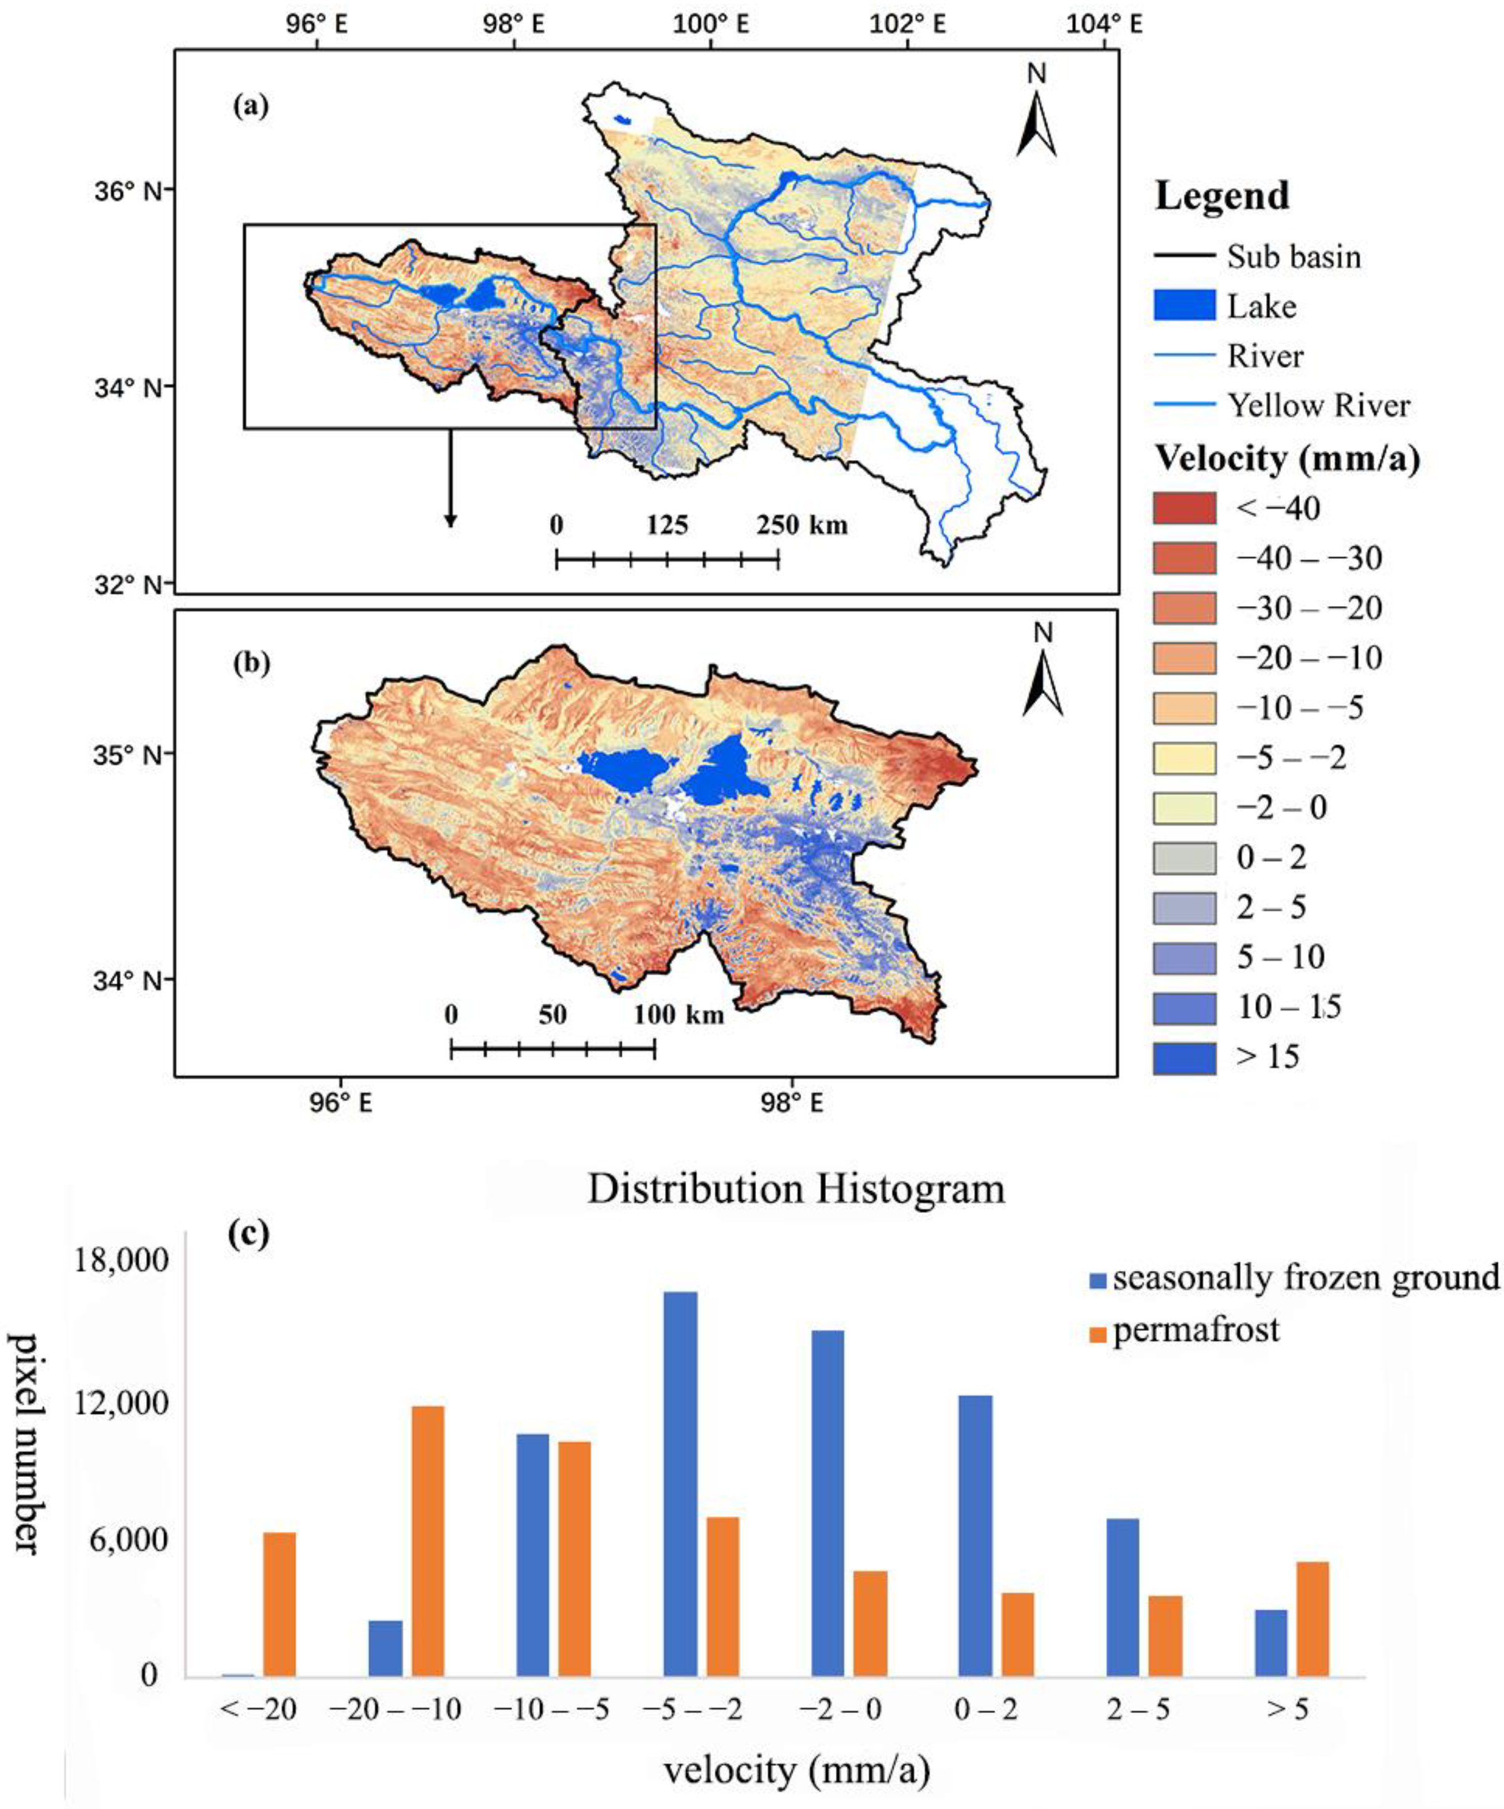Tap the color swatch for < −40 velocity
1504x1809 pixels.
click(x=1184, y=508)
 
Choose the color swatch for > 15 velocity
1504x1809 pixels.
click(x=1184, y=1057)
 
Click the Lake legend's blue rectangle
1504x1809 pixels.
click(x=1184, y=306)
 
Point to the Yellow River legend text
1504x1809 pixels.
click(x=1318, y=405)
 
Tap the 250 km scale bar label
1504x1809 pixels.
click(x=801, y=524)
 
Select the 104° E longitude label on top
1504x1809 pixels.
click(x=1104, y=24)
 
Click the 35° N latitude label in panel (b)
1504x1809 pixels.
click(x=127, y=755)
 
